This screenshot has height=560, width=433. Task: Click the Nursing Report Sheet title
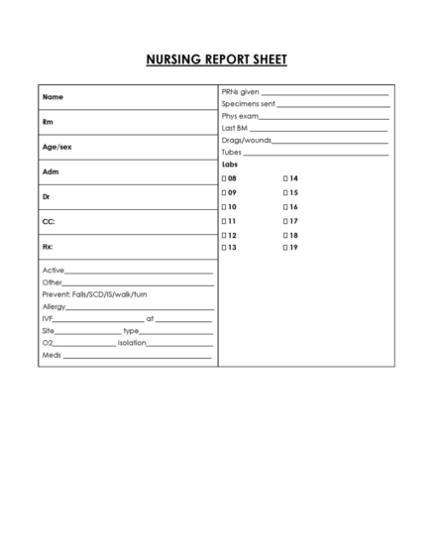pyautogui.click(x=216, y=59)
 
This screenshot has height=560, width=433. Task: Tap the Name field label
pyautogui.click(x=53, y=97)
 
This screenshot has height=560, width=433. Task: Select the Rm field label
pyautogui.click(x=48, y=122)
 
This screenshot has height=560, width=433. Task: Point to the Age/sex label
pyautogui.click(x=56, y=147)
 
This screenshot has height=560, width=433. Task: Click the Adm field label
pyautogui.click(x=50, y=171)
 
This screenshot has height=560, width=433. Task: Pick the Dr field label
pyautogui.click(x=47, y=196)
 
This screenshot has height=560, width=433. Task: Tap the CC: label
pyautogui.click(x=48, y=221)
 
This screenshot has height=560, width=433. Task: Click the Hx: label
pyautogui.click(x=48, y=246)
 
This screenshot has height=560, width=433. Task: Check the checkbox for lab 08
pyautogui.click(x=223, y=178)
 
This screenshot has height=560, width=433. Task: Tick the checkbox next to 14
pyautogui.click(x=285, y=178)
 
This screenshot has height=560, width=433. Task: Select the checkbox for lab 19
pyautogui.click(x=285, y=248)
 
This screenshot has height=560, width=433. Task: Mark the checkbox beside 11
pyautogui.click(x=223, y=220)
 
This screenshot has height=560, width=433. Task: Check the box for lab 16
pyautogui.click(x=285, y=206)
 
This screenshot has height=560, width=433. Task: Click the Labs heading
pyautogui.click(x=230, y=165)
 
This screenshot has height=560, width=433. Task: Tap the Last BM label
pyautogui.click(x=235, y=129)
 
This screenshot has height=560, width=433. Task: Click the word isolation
pyautogui.click(x=132, y=343)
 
